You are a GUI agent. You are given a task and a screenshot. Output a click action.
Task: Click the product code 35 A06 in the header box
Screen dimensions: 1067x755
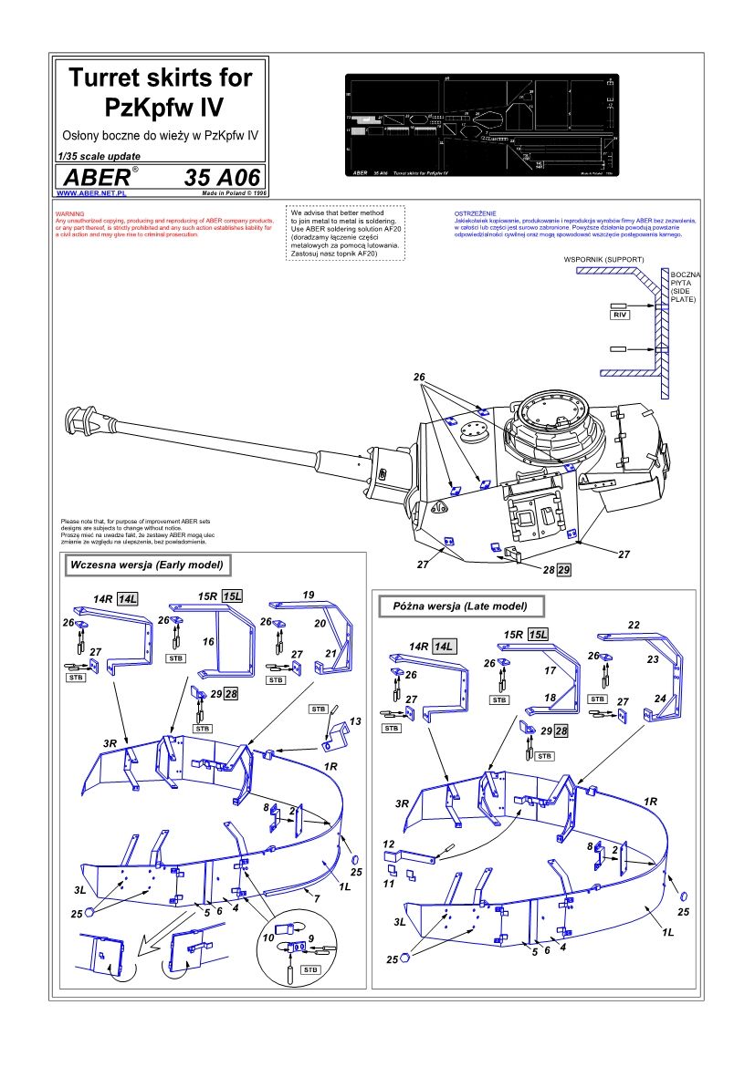pyautogui.click(x=222, y=177)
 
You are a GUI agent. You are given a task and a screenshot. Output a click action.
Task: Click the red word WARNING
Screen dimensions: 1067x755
pyautogui.click(x=69, y=213)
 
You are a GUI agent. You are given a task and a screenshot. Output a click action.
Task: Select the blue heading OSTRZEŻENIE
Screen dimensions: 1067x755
pyautogui.click(x=474, y=213)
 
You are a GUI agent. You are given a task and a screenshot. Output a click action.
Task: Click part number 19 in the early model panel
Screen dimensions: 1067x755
pyautogui.click(x=309, y=594)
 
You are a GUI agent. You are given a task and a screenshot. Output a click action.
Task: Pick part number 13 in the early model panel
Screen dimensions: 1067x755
pyautogui.click(x=355, y=720)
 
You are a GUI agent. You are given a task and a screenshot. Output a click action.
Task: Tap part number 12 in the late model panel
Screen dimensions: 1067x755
pyautogui.click(x=388, y=844)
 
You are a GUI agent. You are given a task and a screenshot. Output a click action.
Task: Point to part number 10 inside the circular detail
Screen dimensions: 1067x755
pyautogui.click(x=270, y=937)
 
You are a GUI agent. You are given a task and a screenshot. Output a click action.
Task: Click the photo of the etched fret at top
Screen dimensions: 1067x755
pyautogui.click(x=482, y=125)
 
